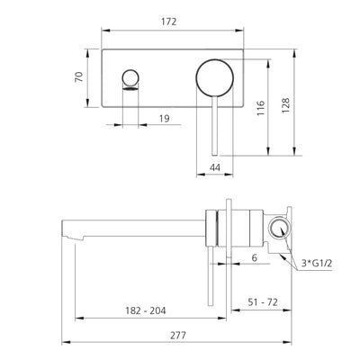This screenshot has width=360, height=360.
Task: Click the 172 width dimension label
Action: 169,22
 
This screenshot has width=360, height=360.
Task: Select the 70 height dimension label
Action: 79,77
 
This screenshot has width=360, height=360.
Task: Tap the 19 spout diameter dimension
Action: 164,119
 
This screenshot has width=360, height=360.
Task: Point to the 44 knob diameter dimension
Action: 215,166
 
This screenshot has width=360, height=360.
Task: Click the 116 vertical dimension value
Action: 260,108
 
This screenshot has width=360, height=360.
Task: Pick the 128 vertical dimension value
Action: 285,105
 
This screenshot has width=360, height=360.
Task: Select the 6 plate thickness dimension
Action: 255,257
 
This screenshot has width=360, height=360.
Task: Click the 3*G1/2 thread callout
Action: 317,264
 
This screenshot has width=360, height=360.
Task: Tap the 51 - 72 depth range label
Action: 263,302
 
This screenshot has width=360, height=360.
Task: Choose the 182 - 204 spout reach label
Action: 146,310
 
